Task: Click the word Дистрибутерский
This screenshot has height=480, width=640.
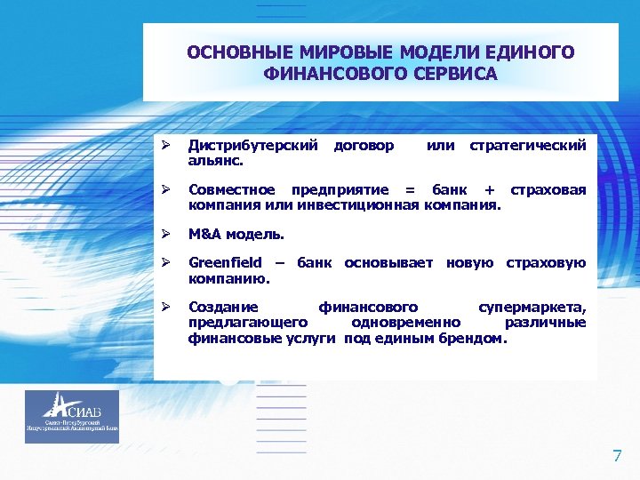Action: click(x=253, y=144)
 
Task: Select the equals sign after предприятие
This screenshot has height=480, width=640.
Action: click(x=410, y=189)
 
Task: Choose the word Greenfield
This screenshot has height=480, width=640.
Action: click(x=225, y=262)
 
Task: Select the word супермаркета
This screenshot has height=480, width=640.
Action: click(x=532, y=307)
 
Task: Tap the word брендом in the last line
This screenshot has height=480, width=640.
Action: click(x=473, y=339)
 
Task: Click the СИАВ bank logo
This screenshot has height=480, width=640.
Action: click(x=72, y=416)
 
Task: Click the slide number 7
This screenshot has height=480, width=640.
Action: click(x=617, y=457)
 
